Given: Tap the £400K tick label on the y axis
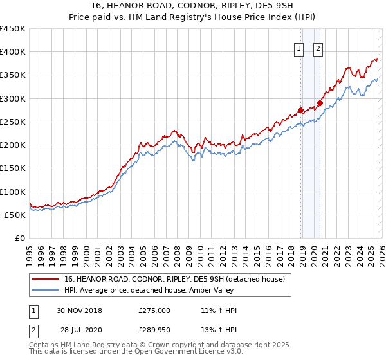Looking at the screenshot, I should pyautogui.click(x=13, y=52).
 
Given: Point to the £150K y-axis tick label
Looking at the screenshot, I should pyautogui.click(x=13, y=168).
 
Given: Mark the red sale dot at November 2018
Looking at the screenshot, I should pyautogui.click(x=300, y=110).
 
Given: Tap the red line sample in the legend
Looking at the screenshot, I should pyautogui.click(x=46, y=279).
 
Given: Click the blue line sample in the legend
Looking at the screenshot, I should pyautogui.click(x=46, y=290).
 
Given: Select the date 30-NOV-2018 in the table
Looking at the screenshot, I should pyautogui.click(x=79, y=310).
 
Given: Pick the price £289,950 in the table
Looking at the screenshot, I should pyautogui.click(x=154, y=328).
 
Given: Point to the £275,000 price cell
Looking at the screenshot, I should pyautogui.click(x=154, y=310).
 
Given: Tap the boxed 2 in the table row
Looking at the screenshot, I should pyautogui.click(x=33, y=328).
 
